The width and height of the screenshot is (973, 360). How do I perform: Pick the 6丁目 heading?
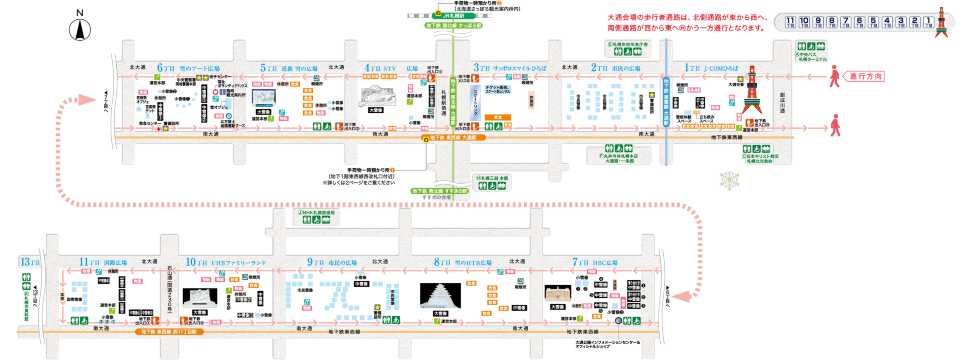tap(177, 66)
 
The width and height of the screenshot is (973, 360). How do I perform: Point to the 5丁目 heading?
tap(279, 66)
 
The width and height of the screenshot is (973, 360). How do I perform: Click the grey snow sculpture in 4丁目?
tap(377, 97)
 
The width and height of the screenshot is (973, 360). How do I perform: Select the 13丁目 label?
tap(27, 261)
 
